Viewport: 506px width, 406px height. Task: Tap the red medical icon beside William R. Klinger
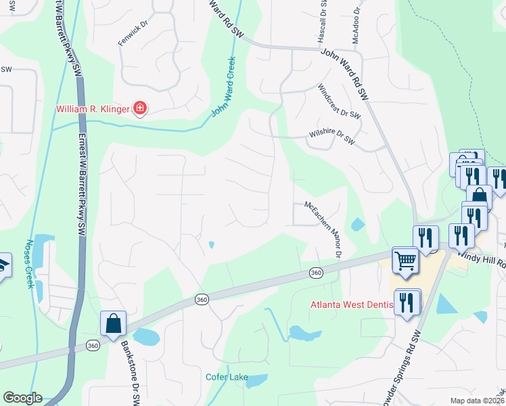140,108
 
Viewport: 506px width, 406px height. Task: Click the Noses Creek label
30,265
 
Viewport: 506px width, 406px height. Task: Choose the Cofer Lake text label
227,377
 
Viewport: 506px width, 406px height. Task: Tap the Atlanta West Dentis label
351,304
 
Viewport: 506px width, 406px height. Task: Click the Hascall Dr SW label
321,22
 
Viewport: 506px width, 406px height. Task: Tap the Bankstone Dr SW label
131,372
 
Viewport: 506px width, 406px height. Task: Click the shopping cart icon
405,260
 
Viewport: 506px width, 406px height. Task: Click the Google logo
22,398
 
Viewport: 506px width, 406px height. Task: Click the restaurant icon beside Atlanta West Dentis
407,302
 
